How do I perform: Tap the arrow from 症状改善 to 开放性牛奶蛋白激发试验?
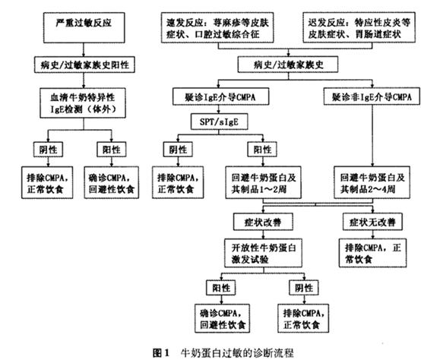263,235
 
